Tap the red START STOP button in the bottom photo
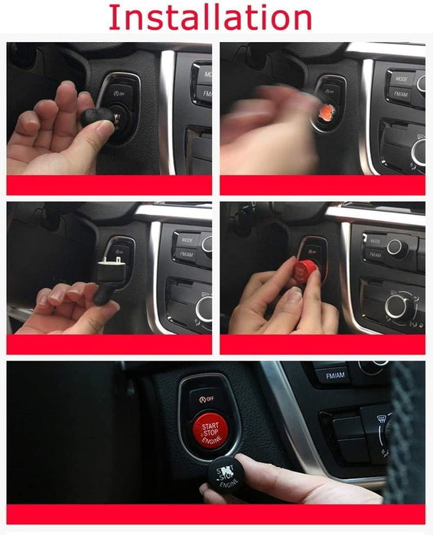click(x=209, y=428)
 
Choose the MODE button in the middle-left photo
click(x=187, y=238)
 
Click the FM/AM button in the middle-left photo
click(x=184, y=255)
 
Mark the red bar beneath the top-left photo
click(x=109, y=185)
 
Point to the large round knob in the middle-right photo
click(x=398, y=306)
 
